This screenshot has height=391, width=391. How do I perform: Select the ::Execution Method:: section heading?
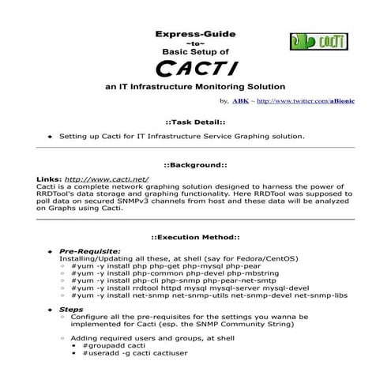pos(195,237)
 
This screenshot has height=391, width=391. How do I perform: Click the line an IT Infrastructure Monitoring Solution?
pos(194,85)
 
